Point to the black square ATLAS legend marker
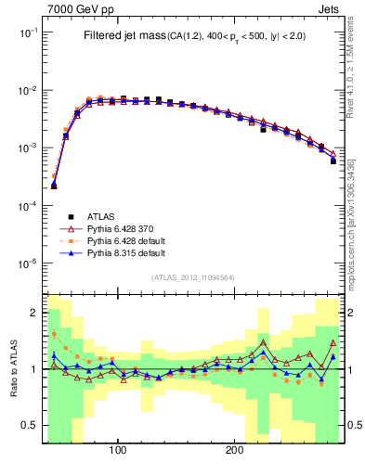pos(67,215)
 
